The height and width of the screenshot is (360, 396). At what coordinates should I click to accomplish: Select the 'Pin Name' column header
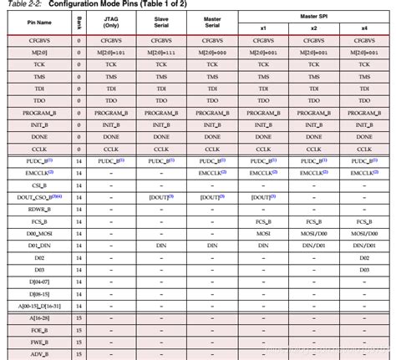37,23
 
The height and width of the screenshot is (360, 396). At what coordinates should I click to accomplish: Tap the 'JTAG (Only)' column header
111,23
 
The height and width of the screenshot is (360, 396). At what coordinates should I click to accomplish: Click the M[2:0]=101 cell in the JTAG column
111,52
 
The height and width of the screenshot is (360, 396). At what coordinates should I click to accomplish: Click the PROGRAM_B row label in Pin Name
37,112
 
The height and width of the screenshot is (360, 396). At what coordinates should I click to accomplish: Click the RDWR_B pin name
37,209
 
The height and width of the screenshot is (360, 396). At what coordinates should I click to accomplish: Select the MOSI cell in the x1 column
262,233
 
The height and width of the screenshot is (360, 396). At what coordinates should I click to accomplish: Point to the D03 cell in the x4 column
365,270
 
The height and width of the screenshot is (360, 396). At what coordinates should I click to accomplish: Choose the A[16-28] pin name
37,318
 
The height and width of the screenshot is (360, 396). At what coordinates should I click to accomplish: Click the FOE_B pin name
37,330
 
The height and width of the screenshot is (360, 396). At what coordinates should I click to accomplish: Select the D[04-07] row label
37,281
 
